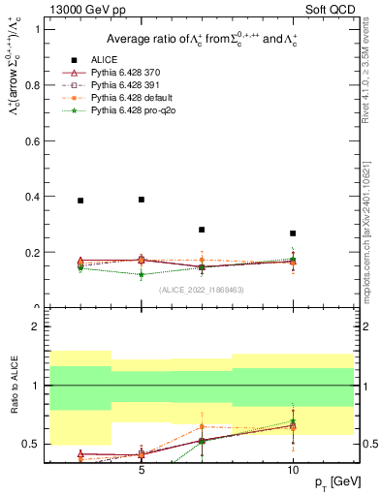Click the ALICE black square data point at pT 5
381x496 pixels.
click(142, 200)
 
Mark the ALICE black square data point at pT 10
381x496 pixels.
click(293, 233)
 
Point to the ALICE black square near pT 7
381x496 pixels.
click(202, 230)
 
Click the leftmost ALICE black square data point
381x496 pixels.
click(80, 201)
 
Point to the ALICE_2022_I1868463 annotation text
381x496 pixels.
click(201, 290)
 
